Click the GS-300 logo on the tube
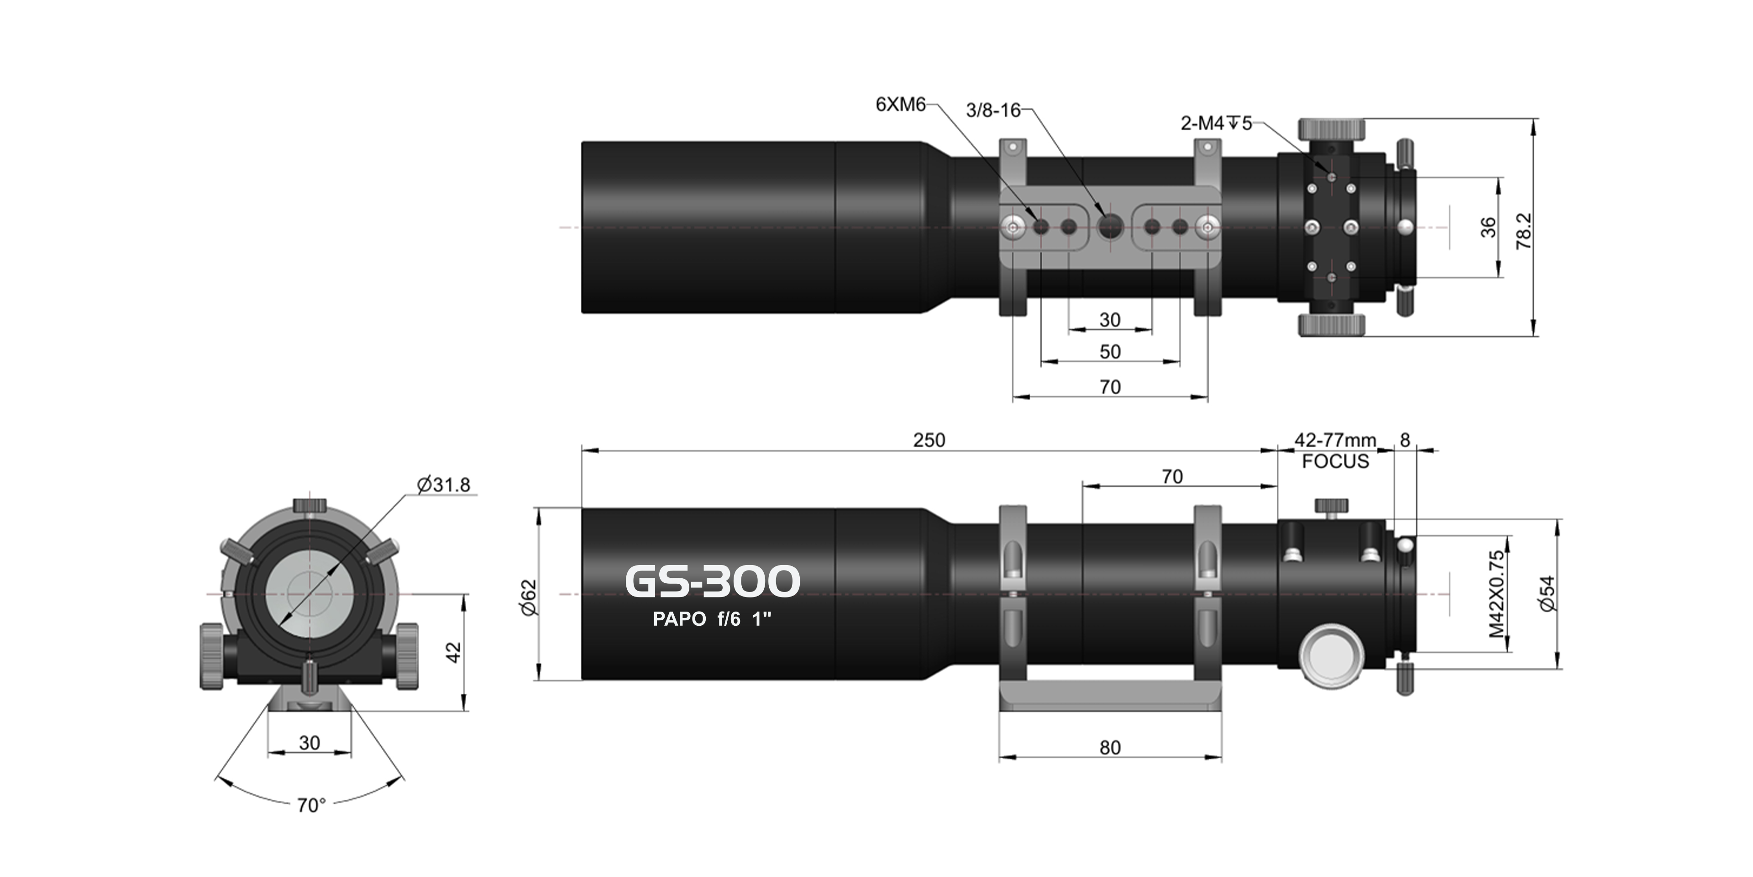712,581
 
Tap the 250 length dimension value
929,440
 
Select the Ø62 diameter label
529,597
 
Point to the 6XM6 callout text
900,105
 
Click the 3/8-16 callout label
993,110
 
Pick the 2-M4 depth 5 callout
1215,124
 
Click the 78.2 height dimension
1524,230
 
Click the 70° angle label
311,805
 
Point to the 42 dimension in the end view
454,652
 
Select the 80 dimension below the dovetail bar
1110,748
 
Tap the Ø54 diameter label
1548,594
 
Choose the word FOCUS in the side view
1335,462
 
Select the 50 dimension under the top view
1110,352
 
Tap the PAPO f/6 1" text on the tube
712,619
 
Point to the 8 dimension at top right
1405,440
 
